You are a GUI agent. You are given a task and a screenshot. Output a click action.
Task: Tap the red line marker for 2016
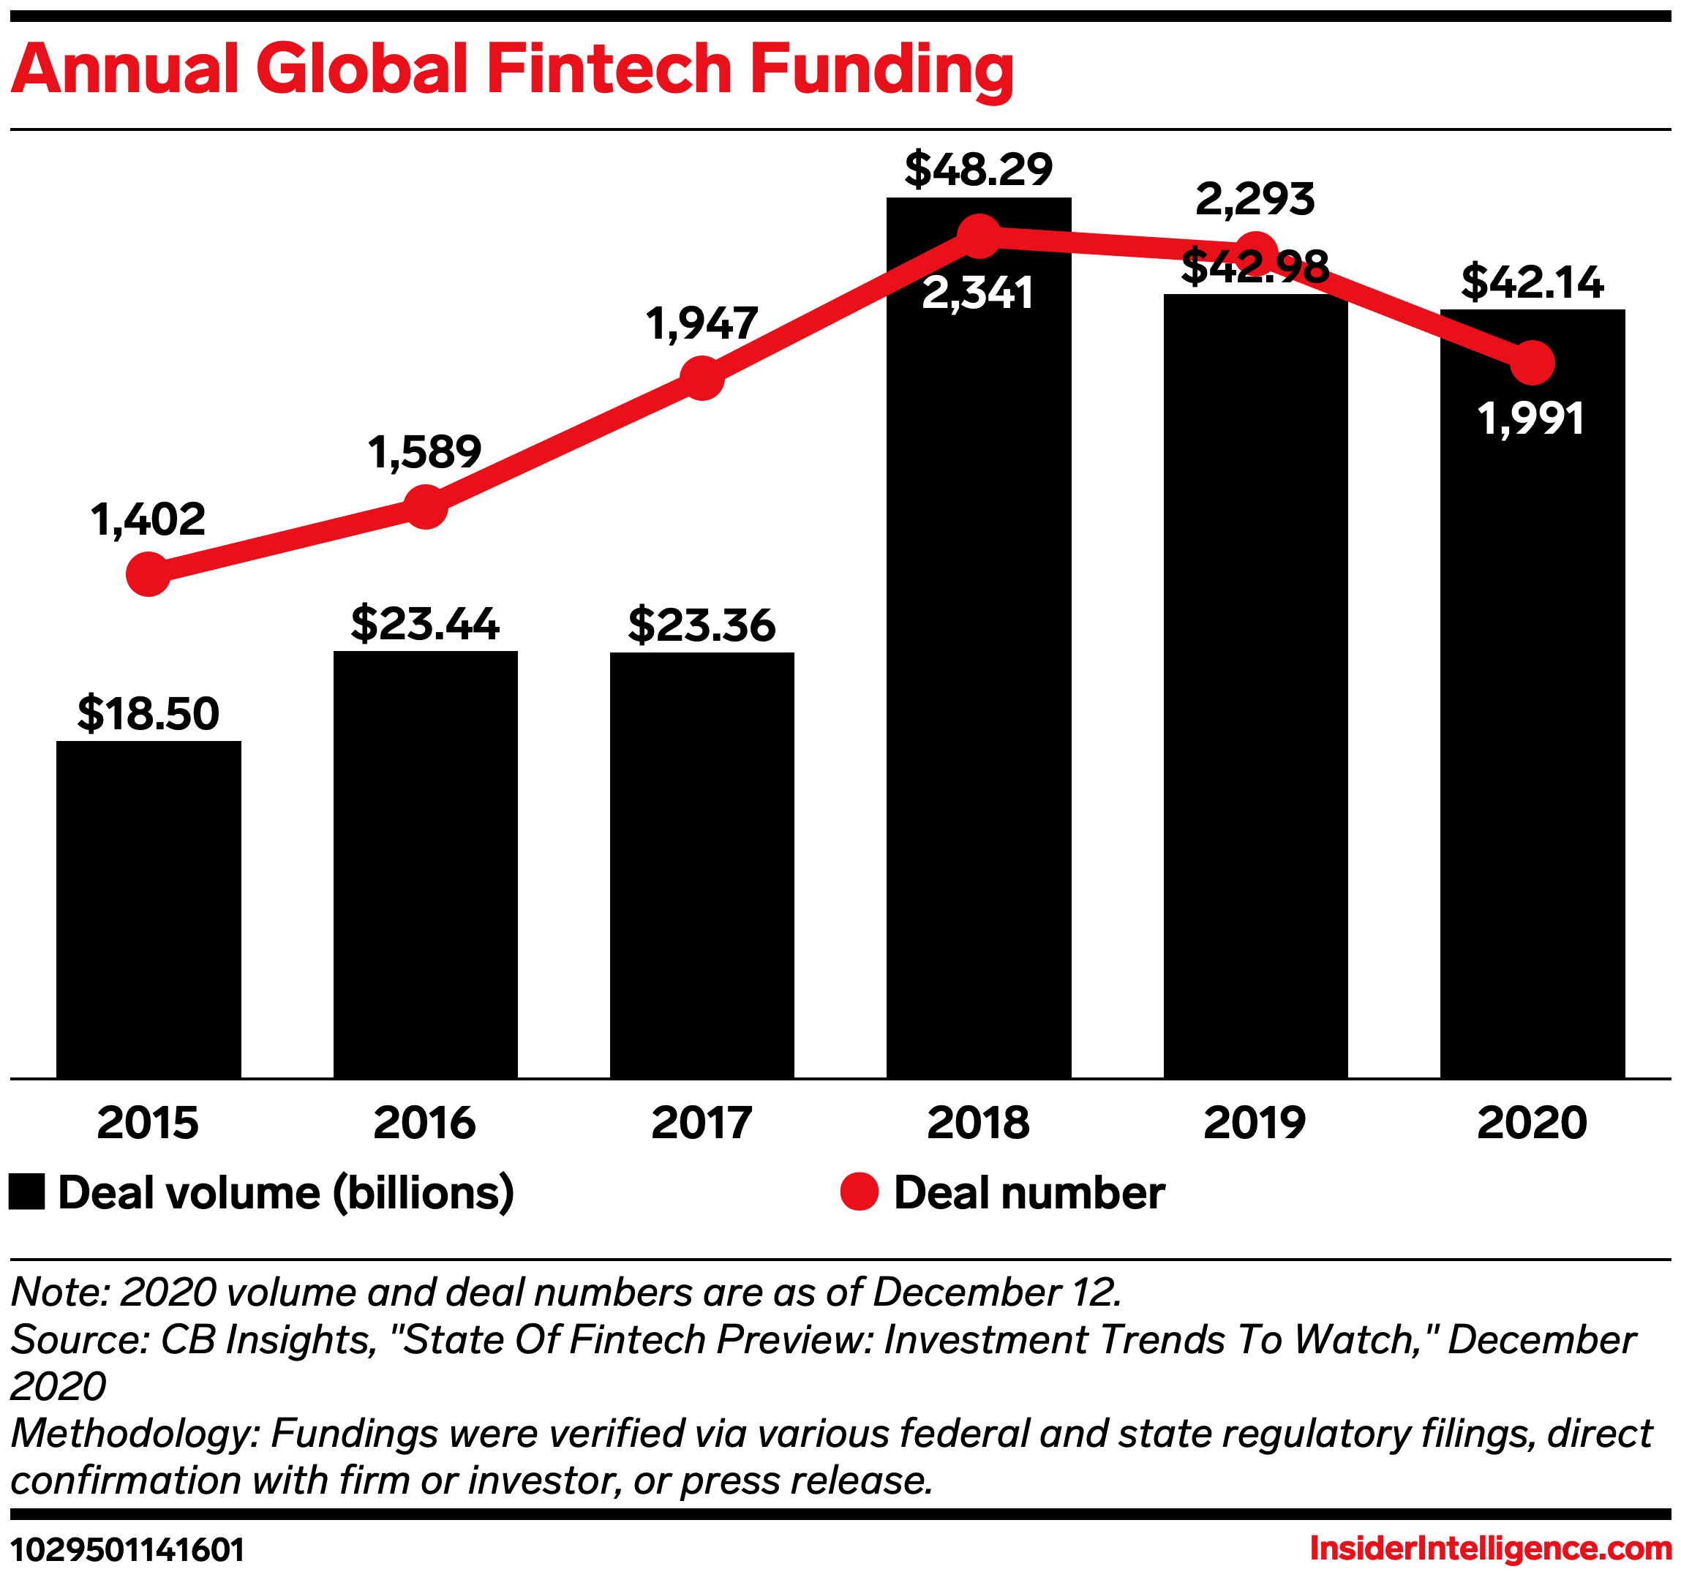425,506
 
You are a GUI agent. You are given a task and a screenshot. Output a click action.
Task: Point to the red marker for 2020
1531,364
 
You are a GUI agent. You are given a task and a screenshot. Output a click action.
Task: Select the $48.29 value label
978,169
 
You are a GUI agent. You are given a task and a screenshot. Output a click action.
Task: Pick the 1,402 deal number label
148,519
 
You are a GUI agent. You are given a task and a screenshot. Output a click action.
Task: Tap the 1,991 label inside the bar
1531,418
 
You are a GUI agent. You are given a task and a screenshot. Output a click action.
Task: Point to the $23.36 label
702,625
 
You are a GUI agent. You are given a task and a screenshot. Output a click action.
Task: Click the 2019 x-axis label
1255,1124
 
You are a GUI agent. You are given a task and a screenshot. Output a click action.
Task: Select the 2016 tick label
424,1124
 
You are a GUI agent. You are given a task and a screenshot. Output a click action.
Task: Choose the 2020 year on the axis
1531,1124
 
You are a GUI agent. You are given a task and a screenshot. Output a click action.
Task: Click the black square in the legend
27,1192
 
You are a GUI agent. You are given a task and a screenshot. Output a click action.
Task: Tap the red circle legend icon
859,1192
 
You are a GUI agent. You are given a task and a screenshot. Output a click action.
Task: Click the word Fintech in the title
609,69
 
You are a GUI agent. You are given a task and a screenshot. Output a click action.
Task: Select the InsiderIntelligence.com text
1491,1549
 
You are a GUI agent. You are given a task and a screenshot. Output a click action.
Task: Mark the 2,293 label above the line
1255,200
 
